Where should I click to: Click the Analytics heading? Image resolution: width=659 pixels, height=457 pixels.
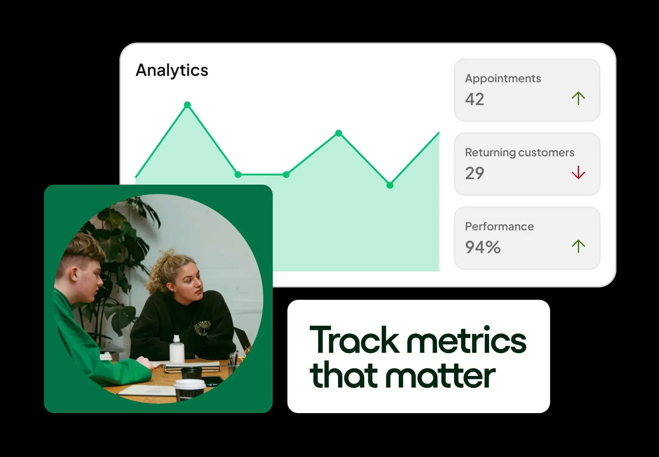(x=172, y=70)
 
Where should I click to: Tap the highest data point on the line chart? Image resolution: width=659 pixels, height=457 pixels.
(x=187, y=105)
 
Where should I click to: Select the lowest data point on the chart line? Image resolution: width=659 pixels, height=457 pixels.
(x=390, y=185)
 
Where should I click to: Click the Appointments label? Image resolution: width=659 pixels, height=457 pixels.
(x=503, y=79)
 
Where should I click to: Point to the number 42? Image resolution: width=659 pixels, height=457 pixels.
(x=474, y=99)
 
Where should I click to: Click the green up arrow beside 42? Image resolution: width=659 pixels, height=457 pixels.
(x=578, y=98)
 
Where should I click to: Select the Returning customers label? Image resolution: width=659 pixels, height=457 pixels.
(x=519, y=152)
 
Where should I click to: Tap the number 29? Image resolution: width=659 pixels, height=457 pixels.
(x=474, y=173)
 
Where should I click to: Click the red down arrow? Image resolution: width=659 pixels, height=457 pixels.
(x=578, y=172)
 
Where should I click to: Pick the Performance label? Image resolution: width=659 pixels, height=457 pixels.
(x=499, y=226)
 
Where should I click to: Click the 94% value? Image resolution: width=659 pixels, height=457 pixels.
(x=483, y=247)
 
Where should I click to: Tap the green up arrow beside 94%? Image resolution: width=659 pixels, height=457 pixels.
(x=578, y=246)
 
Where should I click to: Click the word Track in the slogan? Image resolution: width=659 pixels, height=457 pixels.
(x=354, y=340)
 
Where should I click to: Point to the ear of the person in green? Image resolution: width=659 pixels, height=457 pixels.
(x=74, y=273)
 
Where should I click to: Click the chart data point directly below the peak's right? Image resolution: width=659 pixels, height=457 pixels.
(x=238, y=175)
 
